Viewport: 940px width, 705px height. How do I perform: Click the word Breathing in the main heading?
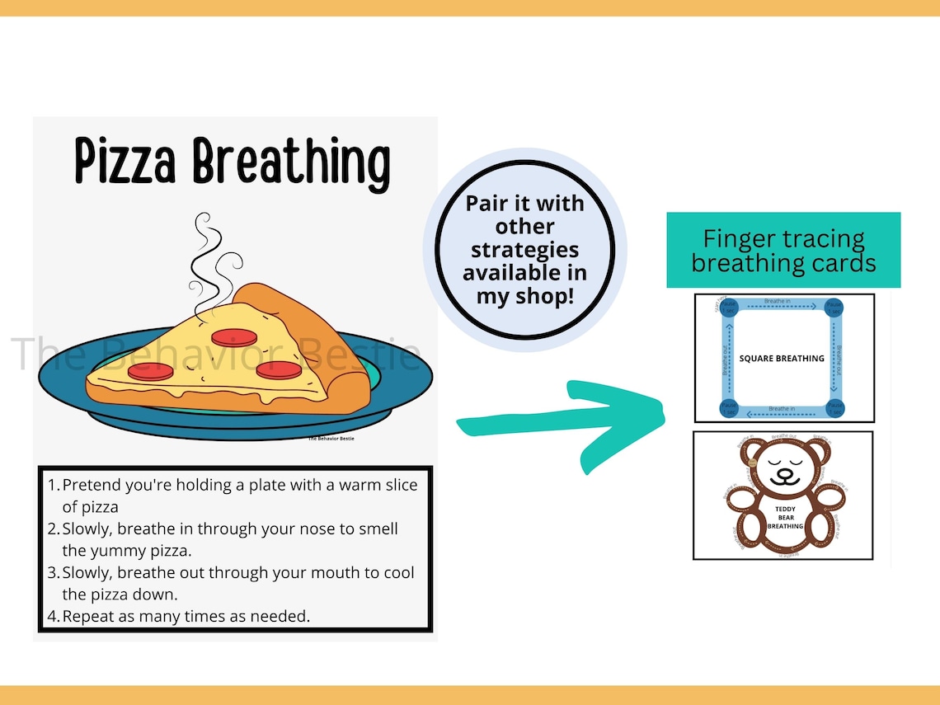pos(291,164)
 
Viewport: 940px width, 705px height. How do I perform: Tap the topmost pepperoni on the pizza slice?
pos(228,337)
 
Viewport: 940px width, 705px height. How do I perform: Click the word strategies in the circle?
pos(524,249)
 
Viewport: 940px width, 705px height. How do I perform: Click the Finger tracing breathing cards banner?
pos(783,251)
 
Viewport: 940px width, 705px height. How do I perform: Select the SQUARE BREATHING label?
pos(781,359)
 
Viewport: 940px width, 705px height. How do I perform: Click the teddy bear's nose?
pos(783,473)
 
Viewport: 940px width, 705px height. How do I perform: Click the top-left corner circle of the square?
pos(727,307)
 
